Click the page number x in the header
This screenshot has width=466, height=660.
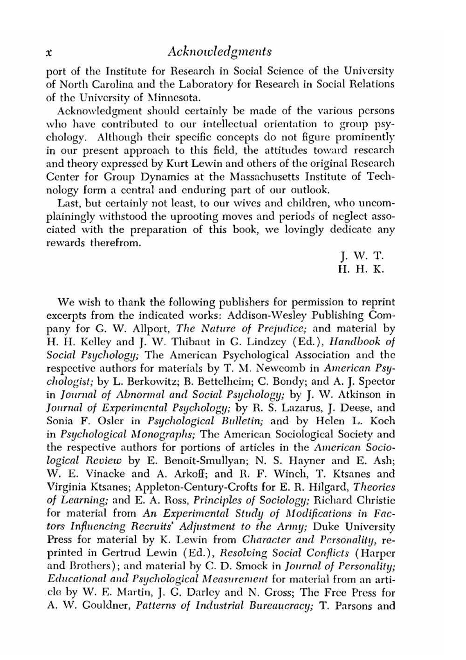tap(48, 52)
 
